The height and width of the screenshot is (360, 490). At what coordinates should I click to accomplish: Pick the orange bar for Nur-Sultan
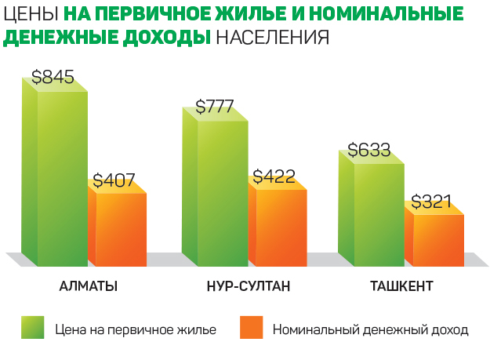point(281,227)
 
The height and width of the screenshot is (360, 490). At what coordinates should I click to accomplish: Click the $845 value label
point(53,78)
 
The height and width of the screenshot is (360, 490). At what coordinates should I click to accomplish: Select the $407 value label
point(114,180)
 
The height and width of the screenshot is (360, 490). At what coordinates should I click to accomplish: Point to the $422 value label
point(274,176)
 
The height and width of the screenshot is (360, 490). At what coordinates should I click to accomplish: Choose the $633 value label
point(369,150)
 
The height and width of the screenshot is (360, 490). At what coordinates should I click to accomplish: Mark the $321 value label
point(433,201)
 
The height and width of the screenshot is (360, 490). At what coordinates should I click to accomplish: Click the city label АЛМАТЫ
point(89,286)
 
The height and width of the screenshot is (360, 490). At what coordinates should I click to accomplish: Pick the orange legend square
point(251,327)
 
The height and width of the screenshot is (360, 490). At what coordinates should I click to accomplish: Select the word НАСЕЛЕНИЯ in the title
point(271,38)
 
